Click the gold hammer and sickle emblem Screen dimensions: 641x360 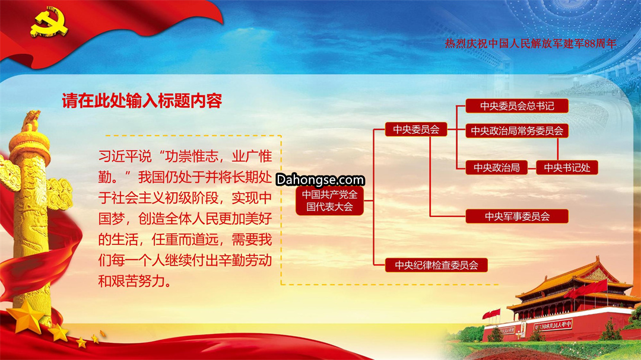point(49,23)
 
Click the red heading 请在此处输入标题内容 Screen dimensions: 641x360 point(142,100)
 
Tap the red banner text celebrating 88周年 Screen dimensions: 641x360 point(530,43)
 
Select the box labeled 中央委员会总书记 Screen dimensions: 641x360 point(517,106)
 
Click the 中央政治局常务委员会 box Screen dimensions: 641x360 point(517,130)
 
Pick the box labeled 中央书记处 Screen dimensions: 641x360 point(567,167)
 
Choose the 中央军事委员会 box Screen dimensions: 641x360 point(517,216)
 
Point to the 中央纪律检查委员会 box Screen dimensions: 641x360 point(436,265)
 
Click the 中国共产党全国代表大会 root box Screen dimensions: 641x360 point(329,200)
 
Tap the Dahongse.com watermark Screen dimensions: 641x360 point(320,179)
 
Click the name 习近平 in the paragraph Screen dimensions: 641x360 point(118,156)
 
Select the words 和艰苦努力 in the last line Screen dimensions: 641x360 point(131,281)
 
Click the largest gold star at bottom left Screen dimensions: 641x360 point(26,316)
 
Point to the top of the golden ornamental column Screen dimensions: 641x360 point(31,116)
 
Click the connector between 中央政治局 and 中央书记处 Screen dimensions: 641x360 point(532,168)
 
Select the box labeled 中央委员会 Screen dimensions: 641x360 point(416,129)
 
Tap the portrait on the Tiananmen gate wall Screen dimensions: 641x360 point(523,328)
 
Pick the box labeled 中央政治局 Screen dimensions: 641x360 point(497,167)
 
